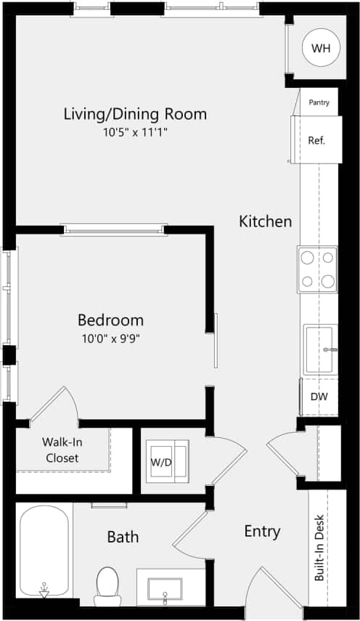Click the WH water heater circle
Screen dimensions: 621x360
point(320,48)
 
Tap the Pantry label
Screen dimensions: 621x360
point(319,102)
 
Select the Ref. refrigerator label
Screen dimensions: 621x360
point(316,140)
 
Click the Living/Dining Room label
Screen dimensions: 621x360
point(135,114)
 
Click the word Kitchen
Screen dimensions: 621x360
point(266,222)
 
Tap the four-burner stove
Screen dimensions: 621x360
point(318,269)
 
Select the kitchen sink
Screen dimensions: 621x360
point(319,349)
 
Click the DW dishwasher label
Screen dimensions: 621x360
point(319,397)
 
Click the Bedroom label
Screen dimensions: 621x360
point(110,320)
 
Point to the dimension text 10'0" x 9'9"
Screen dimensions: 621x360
point(110,338)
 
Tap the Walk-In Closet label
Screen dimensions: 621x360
point(62,450)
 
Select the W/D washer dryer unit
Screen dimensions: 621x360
point(165,462)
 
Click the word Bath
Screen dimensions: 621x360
point(123,537)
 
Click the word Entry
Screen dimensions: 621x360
point(262,532)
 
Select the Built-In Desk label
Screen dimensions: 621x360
point(319,548)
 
